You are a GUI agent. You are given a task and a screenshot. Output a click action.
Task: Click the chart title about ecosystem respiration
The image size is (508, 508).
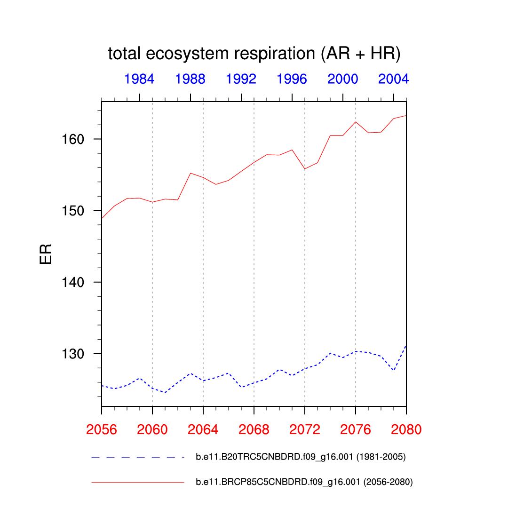[254, 54]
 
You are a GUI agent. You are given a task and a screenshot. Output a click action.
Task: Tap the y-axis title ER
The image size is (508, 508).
[46, 254]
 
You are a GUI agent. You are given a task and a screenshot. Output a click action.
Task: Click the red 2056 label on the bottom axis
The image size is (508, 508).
[102, 429]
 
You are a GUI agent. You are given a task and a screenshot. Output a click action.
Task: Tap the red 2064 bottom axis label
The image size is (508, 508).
[203, 429]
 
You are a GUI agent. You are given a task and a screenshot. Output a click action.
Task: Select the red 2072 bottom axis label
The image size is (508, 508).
[305, 429]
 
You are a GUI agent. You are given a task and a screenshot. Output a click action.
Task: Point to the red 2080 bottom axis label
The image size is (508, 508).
[406, 429]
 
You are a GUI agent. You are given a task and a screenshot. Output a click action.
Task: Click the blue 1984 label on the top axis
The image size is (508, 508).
[140, 79]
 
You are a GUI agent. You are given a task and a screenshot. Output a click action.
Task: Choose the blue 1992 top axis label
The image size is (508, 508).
[241, 79]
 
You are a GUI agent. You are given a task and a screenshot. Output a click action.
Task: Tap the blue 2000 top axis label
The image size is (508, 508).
[343, 79]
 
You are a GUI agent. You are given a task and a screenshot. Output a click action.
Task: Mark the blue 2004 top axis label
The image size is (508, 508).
[393, 79]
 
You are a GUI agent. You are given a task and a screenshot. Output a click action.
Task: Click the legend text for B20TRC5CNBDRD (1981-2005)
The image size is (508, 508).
[301, 457]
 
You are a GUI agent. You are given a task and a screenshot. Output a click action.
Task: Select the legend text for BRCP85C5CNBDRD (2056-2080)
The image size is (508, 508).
[304, 482]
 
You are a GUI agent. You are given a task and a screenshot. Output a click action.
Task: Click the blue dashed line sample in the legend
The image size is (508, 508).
[137, 457]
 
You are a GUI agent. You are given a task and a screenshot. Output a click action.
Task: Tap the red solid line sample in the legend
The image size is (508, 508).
[137, 482]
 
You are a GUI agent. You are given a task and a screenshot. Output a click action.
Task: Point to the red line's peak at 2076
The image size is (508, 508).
[356, 122]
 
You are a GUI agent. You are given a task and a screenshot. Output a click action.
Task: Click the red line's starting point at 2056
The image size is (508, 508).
[102, 218]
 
